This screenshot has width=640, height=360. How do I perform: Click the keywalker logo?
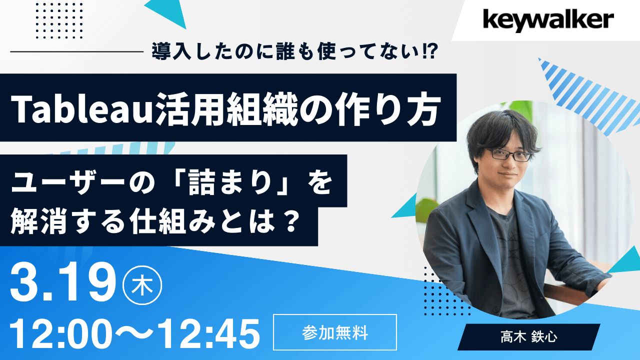[x=547, y=20]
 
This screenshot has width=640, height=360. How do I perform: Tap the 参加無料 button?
[x=335, y=332]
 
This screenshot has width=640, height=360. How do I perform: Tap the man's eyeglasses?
[x=509, y=154]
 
